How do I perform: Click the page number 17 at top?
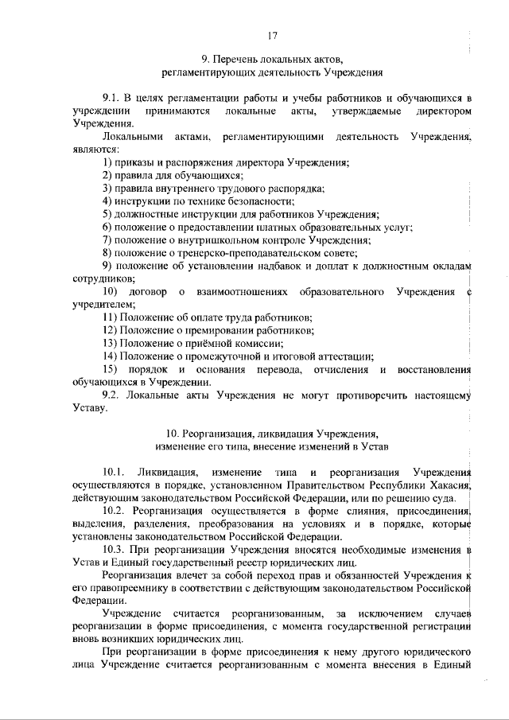click(272, 35)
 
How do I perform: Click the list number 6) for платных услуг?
click(108, 227)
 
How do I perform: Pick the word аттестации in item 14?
click(347, 356)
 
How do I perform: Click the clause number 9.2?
click(113, 395)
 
